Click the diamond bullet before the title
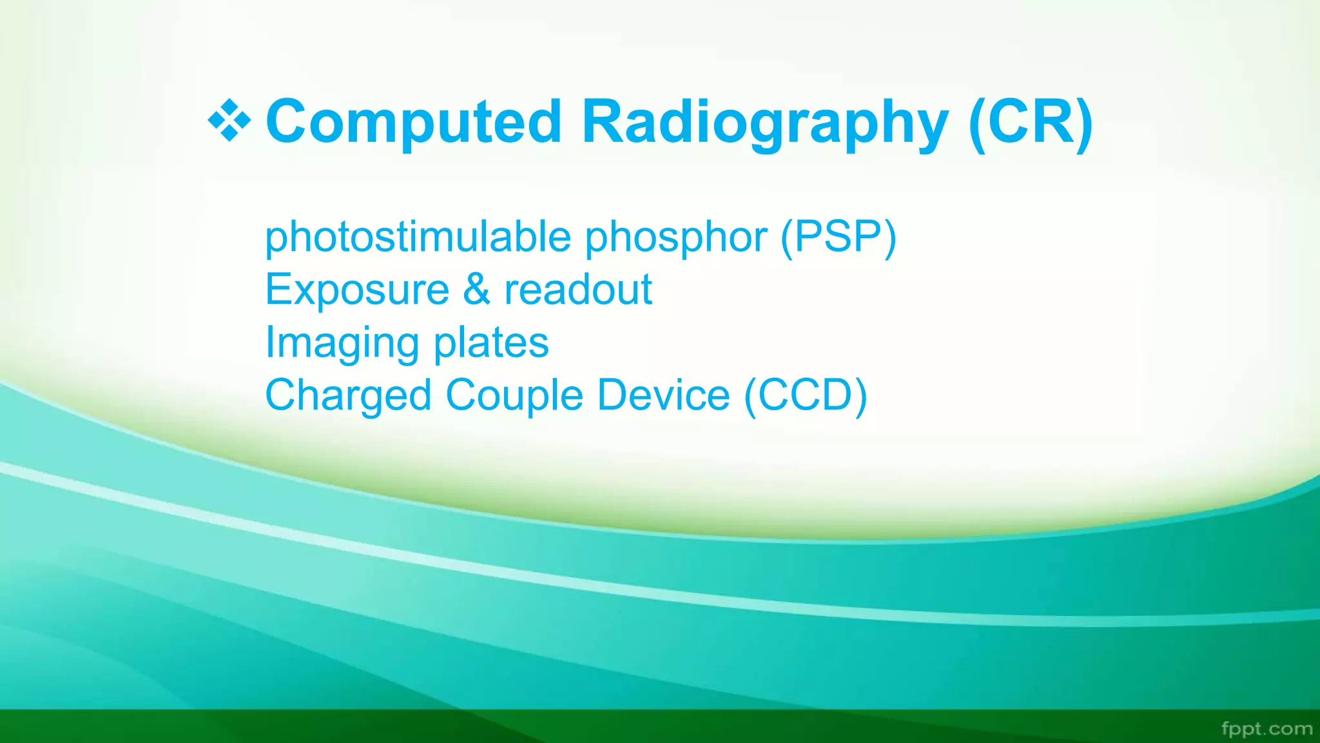click(x=229, y=121)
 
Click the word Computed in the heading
click(x=414, y=122)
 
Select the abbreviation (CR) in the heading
click(x=1030, y=122)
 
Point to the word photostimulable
click(x=418, y=237)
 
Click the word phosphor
click(x=676, y=238)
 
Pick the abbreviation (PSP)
click(x=838, y=237)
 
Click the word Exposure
click(x=357, y=290)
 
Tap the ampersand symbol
click(x=476, y=290)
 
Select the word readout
click(x=578, y=290)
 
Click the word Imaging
click(x=342, y=343)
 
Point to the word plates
click(x=491, y=342)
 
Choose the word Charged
click(x=348, y=395)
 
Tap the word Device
click(x=663, y=395)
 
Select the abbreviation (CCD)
click(x=806, y=395)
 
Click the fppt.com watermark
click(x=1267, y=729)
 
